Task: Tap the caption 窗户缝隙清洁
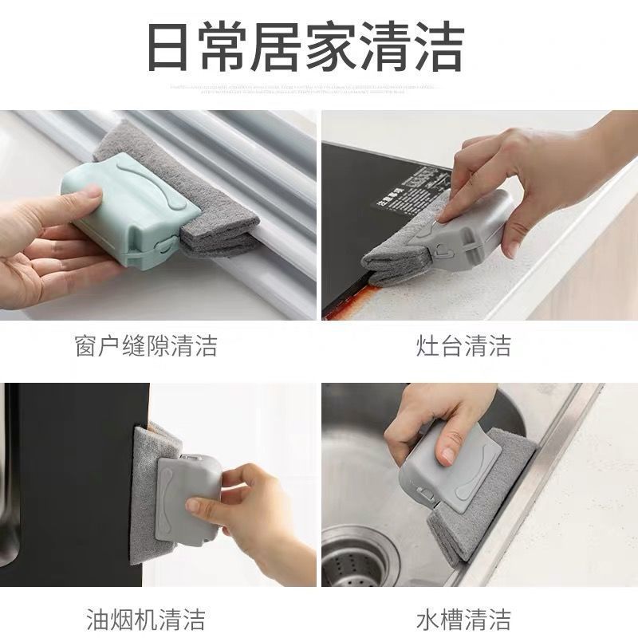click(x=145, y=346)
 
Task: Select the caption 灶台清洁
click(x=463, y=346)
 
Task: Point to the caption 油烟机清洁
click(x=145, y=618)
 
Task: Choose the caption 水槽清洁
click(x=463, y=618)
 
